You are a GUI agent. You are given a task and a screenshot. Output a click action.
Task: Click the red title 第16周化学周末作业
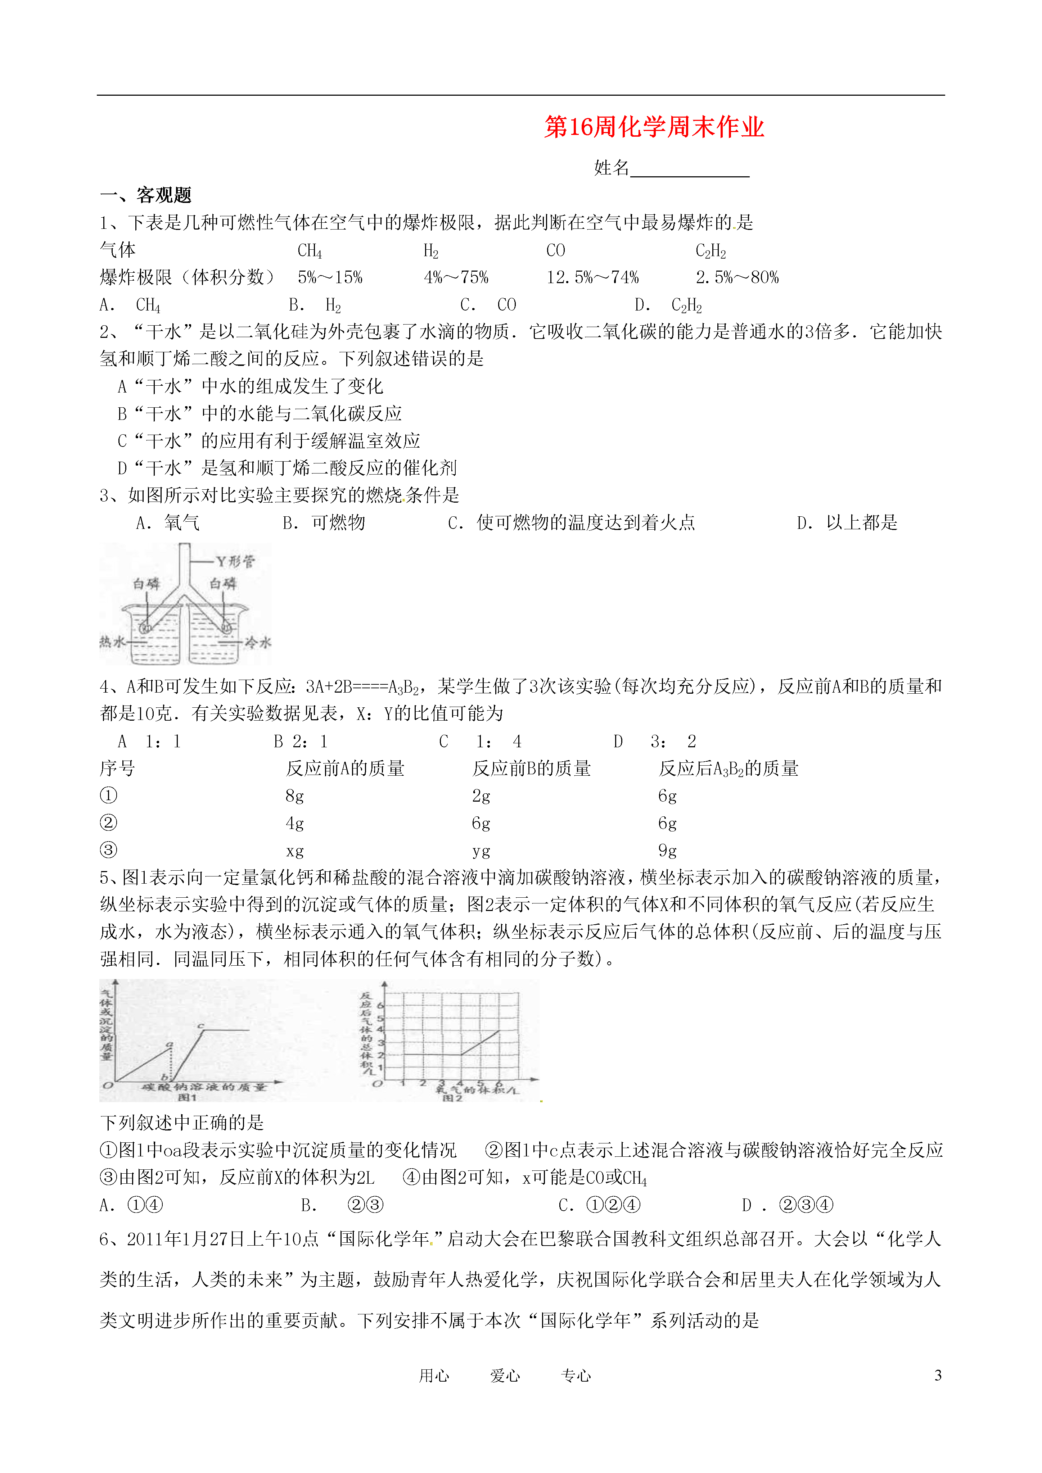coord(654,127)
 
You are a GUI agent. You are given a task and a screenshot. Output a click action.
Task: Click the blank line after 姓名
coord(690,169)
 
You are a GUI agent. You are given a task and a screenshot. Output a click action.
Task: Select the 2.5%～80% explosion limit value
coord(737,278)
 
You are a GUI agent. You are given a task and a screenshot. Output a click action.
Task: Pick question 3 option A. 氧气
coord(168,523)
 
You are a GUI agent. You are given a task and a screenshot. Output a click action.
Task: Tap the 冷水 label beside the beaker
coord(258,642)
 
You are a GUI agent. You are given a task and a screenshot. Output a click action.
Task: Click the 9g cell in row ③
coord(667,851)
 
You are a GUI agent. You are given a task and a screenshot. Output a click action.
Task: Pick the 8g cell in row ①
coord(294,796)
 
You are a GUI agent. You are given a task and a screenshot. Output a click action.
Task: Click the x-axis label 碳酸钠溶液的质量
coord(203,1087)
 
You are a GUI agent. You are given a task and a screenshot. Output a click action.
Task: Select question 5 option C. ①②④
coord(600,1205)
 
